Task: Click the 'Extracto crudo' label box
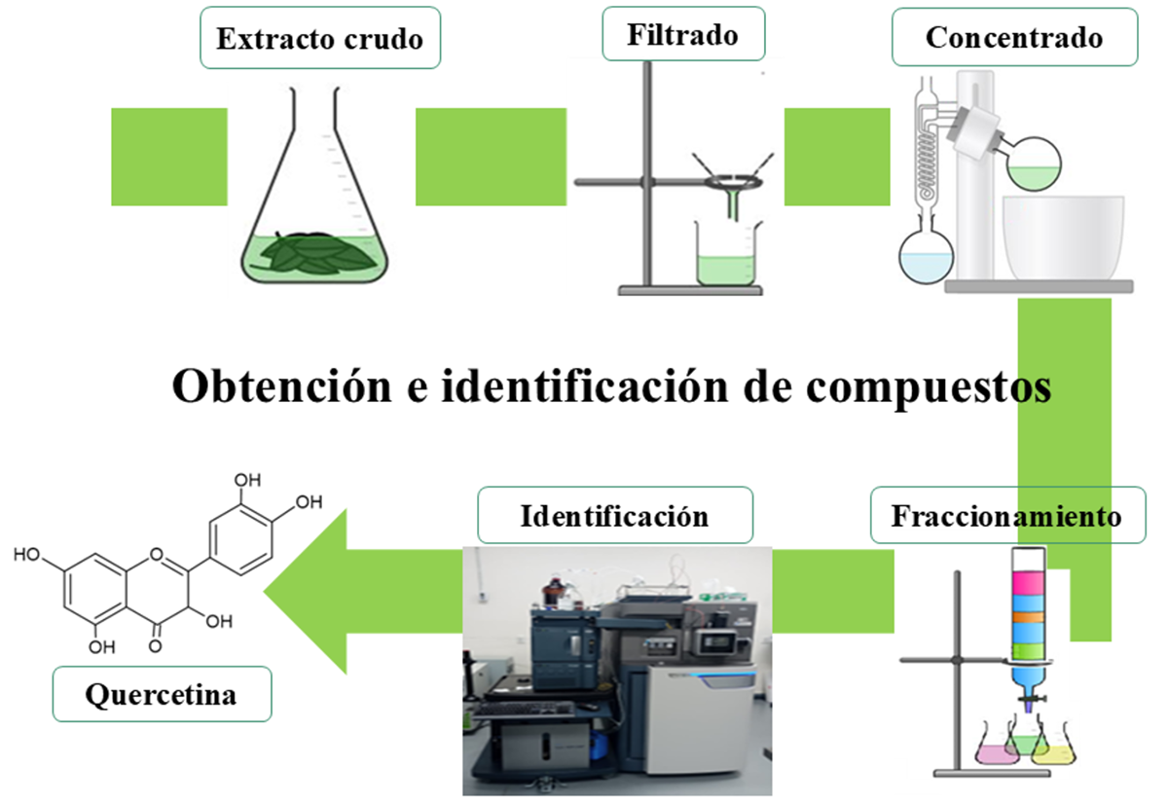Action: coord(319,40)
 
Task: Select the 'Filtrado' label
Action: coord(682,35)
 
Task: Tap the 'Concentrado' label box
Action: coord(1013,38)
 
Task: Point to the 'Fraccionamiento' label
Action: coord(1006,516)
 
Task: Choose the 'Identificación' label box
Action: coord(614,515)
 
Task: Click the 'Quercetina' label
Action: coord(161,695)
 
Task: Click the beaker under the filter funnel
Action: coord(727,255)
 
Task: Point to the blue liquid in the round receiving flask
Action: coord(925,265)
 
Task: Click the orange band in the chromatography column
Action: coord(1034,615)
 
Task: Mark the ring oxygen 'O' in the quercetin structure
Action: coord(158,556)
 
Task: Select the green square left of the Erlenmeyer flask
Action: coord(169,156)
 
